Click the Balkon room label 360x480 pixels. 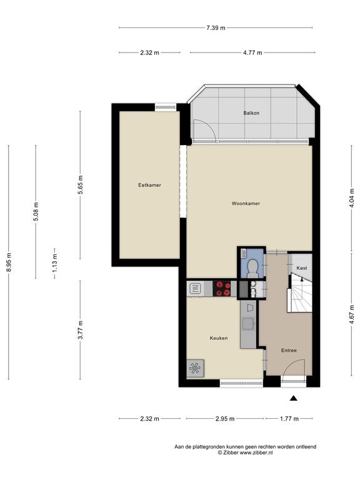pos(251,113)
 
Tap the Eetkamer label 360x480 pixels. pos(150,185)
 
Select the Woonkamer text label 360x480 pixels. pos(246,203)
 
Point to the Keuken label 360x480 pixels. pos(219,338)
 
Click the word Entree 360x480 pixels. pos(289,351)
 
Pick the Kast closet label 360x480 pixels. pos(302,268)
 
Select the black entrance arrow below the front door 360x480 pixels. pos(294,398)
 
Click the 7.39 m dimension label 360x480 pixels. pos(216,28)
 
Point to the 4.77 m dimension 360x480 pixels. pos(252,52)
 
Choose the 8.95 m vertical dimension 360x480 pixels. pos(9,262)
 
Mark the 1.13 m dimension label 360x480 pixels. pos(54,263)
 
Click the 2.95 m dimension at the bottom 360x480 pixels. pos(225,419)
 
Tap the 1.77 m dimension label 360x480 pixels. pos(289,419)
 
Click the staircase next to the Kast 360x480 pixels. pos(300,293)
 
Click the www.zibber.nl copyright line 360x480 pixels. pos(245,452)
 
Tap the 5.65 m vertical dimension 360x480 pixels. pos(80,184)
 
